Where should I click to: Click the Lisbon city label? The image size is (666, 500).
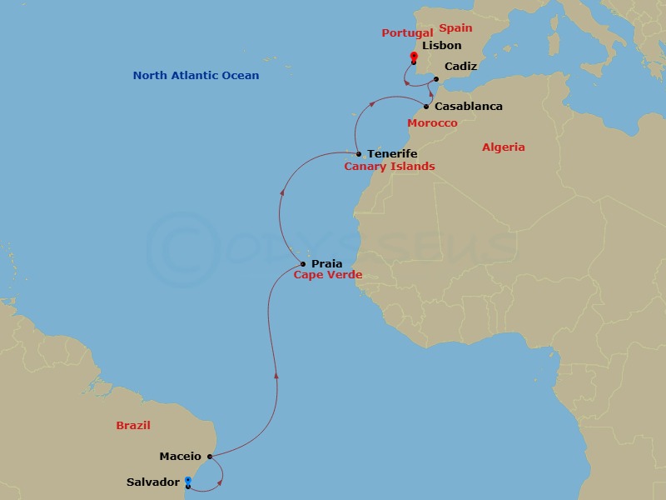441,46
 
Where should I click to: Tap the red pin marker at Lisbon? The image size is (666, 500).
414,57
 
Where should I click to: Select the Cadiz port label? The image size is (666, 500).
460,66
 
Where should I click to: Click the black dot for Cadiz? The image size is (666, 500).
436,79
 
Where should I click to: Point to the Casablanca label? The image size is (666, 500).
469,107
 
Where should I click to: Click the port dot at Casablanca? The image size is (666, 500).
426,107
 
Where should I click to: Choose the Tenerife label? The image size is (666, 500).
392,154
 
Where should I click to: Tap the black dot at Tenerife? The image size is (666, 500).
358,154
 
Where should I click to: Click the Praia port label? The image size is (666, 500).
327,264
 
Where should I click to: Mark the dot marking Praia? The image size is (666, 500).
303,265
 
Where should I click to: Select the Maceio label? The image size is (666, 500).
181,456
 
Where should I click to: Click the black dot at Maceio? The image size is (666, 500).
210,457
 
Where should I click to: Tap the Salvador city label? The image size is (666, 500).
152,482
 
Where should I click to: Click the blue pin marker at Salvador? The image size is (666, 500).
188,481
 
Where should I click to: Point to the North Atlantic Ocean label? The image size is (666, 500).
196,76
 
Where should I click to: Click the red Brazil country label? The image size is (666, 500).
133,425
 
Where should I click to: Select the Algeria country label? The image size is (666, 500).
504,147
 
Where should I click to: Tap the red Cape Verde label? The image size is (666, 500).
328,275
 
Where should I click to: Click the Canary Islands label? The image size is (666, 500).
390,167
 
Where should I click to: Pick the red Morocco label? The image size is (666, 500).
432,123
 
